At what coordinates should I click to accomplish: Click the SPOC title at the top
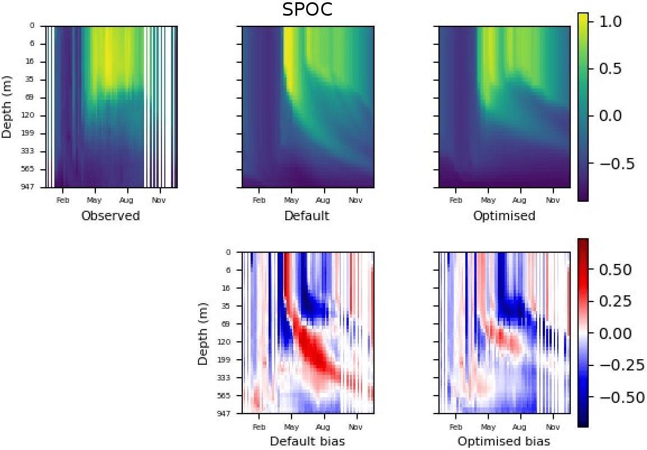tap(307, 10)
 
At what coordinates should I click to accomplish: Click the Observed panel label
tap(110, 216)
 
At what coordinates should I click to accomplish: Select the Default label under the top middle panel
tap(307, 216)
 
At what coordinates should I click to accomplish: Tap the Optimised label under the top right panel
tap(504, 216)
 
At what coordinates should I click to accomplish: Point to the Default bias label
tap(307, 442)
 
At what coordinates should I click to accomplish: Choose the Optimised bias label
tap(504, 442)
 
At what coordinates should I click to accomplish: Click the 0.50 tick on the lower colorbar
tap(614, 270)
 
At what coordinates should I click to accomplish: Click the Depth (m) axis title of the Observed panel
tap(7, 106)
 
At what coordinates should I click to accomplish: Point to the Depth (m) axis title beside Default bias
tap(203, 332)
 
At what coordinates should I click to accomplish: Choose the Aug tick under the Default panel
tap(323, 200)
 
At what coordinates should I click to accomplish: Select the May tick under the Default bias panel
tap(292, 426)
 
